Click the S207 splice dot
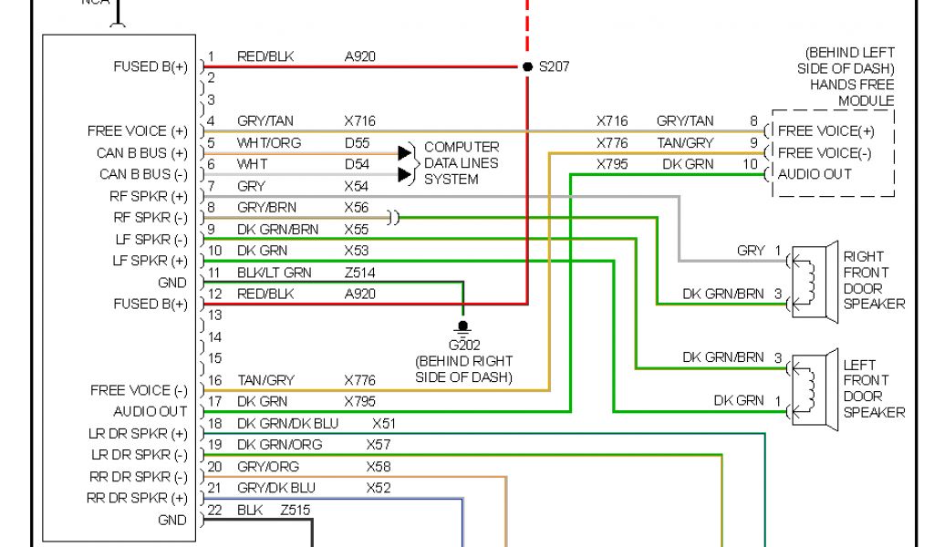click(x=527, y=67)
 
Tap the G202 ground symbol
click(x=463, y=326)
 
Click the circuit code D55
click(x=357, y=142)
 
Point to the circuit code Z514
click(x=359, y=273)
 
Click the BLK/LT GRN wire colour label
click(x=274, y=273)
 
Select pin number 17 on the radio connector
click(x=215, y=401)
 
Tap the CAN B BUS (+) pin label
click(x=142, y=153)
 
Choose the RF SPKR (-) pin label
click(x=150, y=218)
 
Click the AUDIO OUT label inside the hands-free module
click(x=815, y=174)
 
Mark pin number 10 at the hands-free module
click(x=750, y=164)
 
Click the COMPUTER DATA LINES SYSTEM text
click(x=462, y=163)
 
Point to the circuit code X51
click(x=385, y=423)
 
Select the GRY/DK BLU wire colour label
click(x=276, y=488)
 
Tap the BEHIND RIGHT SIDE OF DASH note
click(x=463, y=369)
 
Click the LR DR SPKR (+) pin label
click(x=139, y=433)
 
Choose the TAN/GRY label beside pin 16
click(x=265, y=379)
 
